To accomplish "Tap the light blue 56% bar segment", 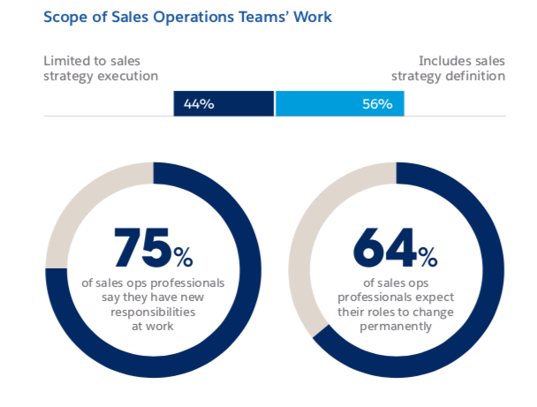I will tap(340, 104).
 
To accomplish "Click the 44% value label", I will tap(199, 104).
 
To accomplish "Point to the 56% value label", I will tap(376, 104).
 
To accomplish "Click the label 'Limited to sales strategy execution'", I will tap(101, 68).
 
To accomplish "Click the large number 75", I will tap(142, 249).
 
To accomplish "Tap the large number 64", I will tap(385, 249).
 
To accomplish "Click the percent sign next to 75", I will tap(184, 257).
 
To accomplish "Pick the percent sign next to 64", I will tap(427, 257).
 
